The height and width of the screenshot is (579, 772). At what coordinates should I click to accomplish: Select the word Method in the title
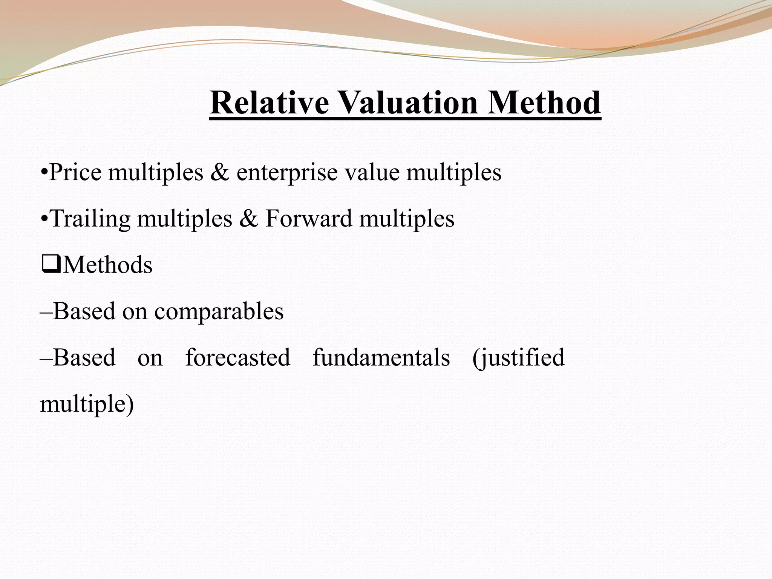click(544, 103)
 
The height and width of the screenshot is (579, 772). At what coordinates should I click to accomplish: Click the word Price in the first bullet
click(75, 173)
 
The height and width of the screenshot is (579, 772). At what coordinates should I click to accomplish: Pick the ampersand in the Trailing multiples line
click(248, 219)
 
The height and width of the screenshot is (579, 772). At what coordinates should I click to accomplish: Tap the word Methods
click(107, 265)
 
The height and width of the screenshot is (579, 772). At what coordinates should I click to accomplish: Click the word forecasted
click(238, 358)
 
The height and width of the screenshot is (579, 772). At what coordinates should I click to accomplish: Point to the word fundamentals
click(381, 358)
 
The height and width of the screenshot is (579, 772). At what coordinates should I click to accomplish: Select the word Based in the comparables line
click(84, 311)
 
